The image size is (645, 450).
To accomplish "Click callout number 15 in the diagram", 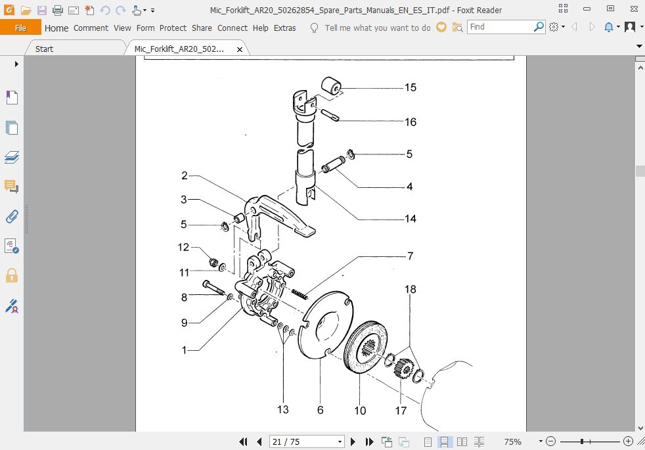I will click(x=410, y=87).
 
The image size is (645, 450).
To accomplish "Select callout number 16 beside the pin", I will click(x=410, y=122).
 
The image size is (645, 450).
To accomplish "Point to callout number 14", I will click(x=410, y=218).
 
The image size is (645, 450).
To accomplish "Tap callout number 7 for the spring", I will click(x=410, y=256).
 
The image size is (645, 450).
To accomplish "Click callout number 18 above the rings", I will click(x=410, y=289).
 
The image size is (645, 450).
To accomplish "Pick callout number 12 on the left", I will click(x=183, y=248).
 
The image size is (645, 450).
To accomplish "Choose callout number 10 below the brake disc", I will click(x=360, y=411).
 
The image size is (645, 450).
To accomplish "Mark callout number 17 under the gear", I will click(x=401, y=411).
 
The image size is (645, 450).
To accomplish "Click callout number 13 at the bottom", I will click(x=282, y=410).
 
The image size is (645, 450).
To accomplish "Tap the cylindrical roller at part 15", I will click(x=332, y=87).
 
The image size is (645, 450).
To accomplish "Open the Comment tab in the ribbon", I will click(x=91, y=28).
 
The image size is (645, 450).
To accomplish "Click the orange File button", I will click(x=20, y=28).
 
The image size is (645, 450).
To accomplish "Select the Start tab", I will click(x=45, y=49).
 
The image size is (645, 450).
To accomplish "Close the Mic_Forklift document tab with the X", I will click(x=240, y=49).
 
